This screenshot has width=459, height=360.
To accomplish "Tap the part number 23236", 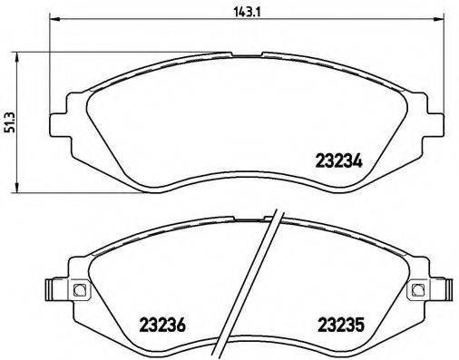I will [x=162, y=324].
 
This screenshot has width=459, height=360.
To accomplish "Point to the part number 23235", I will [x=340, y=324].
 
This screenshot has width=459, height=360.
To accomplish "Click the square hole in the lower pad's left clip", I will [x=78, y=291].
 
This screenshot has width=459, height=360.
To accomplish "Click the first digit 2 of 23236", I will [x=143, y=324].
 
